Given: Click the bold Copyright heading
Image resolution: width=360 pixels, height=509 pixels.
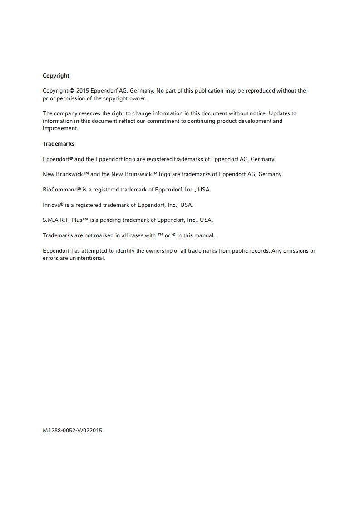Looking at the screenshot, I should [x=56, y=76].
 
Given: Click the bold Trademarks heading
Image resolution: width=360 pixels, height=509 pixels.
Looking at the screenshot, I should [x=59, y=144].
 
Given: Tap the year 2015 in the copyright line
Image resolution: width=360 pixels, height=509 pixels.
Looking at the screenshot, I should [x=82, y=91].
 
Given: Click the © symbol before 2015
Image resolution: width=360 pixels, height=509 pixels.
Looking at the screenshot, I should [x=72, y=91].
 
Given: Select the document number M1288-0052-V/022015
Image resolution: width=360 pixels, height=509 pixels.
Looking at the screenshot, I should [x=72, y=431].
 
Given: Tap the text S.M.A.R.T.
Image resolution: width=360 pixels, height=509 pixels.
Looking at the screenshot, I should [x=56, y=220].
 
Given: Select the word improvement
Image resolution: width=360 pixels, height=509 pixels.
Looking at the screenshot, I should [x=60, y=128].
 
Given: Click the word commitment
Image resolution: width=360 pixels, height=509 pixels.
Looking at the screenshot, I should [x=169, y=121].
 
